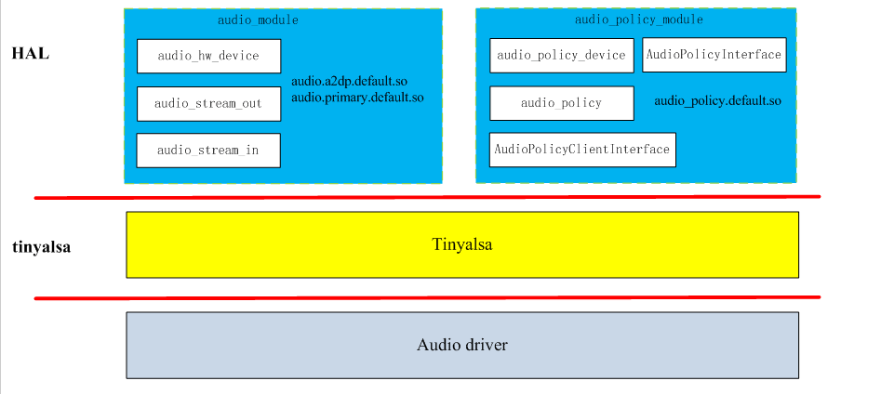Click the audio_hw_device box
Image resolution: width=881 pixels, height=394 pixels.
pyautogui.click(x=208, y=56)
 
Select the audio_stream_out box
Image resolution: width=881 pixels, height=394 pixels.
pyautogui.click(x=208, y=103)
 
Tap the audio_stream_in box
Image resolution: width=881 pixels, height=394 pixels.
pyautogui.click(x=207, y=150)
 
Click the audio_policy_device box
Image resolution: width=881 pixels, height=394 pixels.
pyautogui.click(x=561, y=55)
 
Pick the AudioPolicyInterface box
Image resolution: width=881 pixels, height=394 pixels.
pyautogui.click(x=714, y=55)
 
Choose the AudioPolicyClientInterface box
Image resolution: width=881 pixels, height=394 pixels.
pyautogui.click(x=582, y=150)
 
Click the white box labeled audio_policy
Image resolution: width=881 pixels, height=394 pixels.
pyautogui.click(x=561, y=103)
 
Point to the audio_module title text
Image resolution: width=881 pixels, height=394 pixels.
pyautogui.click(x=258, y=20)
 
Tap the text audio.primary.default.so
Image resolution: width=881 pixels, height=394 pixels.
pyautogui.click(x=357, y=97)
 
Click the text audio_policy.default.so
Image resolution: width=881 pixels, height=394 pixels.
pyautogui.click(x=717, y=100)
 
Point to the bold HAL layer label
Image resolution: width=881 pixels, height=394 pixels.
pyautogui.click(x=30, y=53)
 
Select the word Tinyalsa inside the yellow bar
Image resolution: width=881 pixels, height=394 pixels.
pyautogui.click(x=461, y=244)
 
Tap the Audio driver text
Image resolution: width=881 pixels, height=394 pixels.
pyautogui.click(x=461, y=345)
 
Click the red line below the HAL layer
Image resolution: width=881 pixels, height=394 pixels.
pyautogui.click(x=428, y=197)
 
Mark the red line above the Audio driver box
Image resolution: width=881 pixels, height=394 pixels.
pyautogui.click(x=428, y=297)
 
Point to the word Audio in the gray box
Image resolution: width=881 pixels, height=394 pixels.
pyautogui.click(x=437, y=345)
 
